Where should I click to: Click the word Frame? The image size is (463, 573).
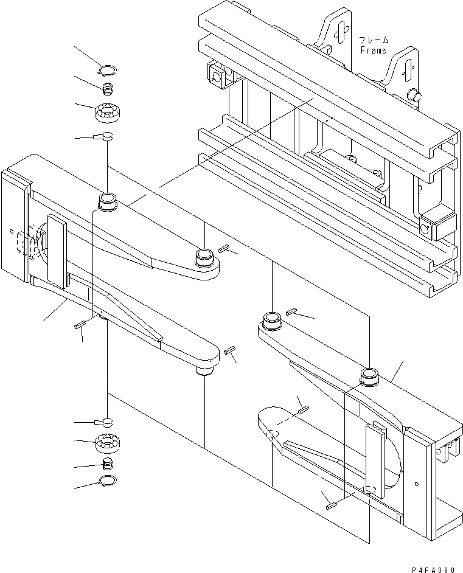pos(373,50)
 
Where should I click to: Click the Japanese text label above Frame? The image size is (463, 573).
pos(374,40)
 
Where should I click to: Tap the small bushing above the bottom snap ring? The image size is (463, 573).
pos(107,464)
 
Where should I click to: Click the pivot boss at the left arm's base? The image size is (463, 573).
pos(107,201)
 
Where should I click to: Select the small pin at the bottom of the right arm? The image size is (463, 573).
pos(330,504)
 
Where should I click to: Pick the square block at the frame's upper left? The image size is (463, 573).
pos(216,74)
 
